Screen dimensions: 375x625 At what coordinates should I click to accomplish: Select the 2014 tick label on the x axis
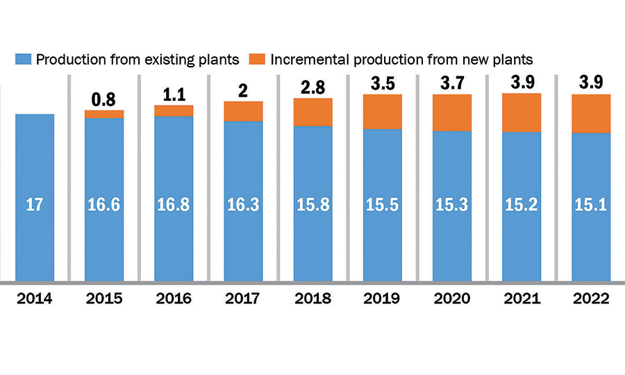tap(35, 299)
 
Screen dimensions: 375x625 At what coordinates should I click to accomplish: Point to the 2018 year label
tap(312, 299)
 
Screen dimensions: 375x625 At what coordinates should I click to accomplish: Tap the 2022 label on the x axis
tap(591, 299)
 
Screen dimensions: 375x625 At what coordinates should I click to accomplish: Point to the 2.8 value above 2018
tap(312, 87)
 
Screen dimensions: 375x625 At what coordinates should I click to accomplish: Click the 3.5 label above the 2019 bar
tap(383, 83)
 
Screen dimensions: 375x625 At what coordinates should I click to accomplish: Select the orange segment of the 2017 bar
tap(243, 111)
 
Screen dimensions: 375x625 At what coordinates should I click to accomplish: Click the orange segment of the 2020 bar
tap(452, 112)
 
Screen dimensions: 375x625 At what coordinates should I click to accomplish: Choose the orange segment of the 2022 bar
tap(591, 113)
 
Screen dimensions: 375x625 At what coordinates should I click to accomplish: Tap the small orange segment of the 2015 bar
tap(104, 114)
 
